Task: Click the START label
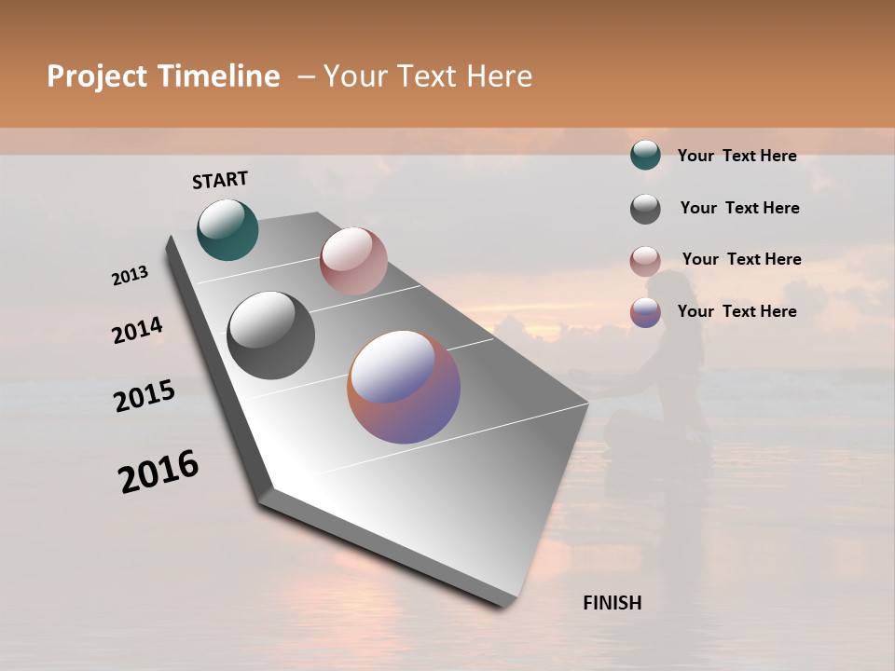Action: [220, 180]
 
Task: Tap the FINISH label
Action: [612, 603]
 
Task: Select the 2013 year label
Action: [131, 276]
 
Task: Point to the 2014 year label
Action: [137, 330]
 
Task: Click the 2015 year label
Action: [145, 396]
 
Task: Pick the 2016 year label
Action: [158, 472]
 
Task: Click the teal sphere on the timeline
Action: [227, 229]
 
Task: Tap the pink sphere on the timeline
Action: [353, 261]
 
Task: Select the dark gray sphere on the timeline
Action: [270, 335]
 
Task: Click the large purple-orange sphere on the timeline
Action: [404, 387]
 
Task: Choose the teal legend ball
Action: [645, 156]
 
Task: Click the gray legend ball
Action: [645, 209]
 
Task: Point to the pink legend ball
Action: [645, 261]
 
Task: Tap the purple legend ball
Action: [645, 312]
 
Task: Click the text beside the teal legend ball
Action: [737, 157]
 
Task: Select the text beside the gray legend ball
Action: [739, 208]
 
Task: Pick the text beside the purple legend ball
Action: [737, 311]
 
